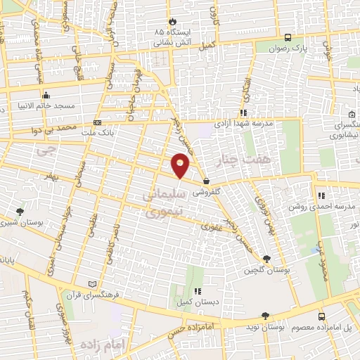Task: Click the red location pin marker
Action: click(181, 165)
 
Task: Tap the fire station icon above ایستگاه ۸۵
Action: click(171, 21)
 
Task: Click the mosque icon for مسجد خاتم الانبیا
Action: click(46, 94)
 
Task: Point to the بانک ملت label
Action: click(96, 132)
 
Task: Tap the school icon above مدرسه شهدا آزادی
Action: click(243, 111)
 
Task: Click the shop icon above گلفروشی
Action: click(205, 181)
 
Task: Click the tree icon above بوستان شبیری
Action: click(20, 211)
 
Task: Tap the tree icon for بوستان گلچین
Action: click(265, 259)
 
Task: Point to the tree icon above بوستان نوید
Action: click(264, 316)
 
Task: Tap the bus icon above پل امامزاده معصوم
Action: click(321, 316)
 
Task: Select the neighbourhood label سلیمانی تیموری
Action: click(164, 200)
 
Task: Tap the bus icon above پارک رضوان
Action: click(288, 37)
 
